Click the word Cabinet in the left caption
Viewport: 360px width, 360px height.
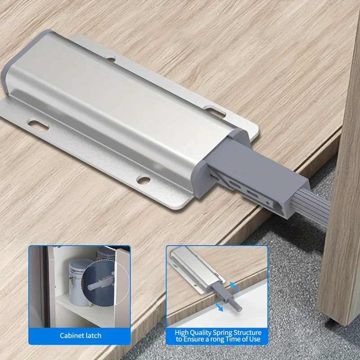(71, 335)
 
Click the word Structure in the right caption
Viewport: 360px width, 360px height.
(250, 332)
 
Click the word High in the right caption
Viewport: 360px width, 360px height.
(183, 332)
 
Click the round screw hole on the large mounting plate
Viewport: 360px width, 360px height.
(144, 180)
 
